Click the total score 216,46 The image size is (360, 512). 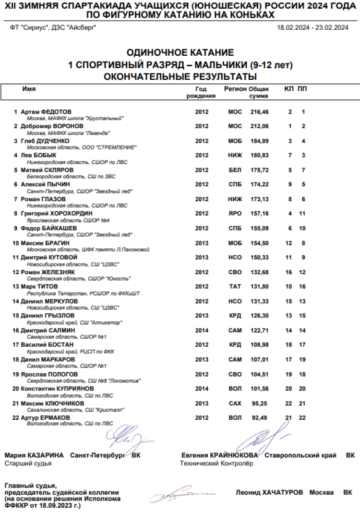(260, 112)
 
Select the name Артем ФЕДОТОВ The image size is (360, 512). (46, 112)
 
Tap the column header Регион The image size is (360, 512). (235, 89)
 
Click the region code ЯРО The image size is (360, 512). (235, 213)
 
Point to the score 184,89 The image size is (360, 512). (260, 141)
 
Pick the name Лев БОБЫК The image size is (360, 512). (38, 155)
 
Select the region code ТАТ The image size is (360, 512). (235, 287)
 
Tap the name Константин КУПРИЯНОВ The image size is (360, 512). (57, 388)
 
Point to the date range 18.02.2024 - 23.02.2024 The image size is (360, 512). (312, 27)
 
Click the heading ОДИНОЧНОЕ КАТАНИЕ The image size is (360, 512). (180, 52)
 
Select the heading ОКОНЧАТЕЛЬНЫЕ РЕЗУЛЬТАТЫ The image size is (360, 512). (180, 76)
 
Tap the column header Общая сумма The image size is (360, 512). (260, 92)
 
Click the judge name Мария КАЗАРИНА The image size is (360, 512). (34, 455)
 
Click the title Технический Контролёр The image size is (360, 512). (216, 463)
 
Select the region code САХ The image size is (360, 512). (235, 404)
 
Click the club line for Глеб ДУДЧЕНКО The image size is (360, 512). (82, 147)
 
